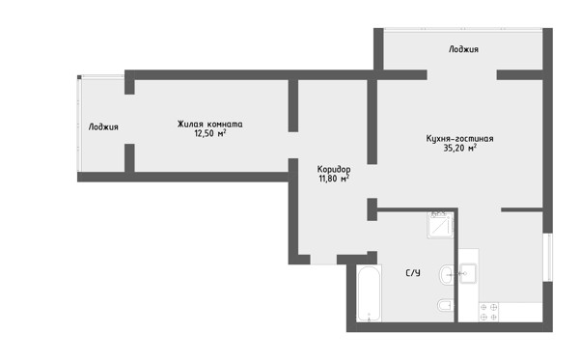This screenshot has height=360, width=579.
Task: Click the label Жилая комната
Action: [x=209, y=125]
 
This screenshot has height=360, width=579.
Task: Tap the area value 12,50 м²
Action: [x=210, y=133]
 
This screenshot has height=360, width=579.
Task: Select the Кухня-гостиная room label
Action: [x=459, y=139]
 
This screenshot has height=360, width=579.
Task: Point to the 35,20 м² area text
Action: [x=459, y=148]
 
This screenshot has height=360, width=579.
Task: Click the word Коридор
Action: [x=334, y=170]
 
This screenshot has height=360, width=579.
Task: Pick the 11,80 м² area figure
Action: [x=334, y=179]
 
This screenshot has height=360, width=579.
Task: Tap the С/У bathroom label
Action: [x=413, y=273]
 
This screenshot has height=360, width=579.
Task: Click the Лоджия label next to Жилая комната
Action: [x=103, y=127]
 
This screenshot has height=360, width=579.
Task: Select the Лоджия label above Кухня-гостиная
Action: [x=463, y=49]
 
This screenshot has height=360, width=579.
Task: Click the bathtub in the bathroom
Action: [x=369, y=293]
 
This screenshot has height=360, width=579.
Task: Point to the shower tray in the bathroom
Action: [x=441, y=225]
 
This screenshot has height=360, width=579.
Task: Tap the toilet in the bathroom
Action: [x=445, y=306]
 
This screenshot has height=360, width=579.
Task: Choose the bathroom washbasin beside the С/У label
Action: [x=447, y=275]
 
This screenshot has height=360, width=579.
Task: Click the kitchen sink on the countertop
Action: [x=468, y=273]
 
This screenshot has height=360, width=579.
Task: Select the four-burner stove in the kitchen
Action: [x=488, y=312]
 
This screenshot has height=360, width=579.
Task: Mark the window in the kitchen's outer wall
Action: [x=547, y=258]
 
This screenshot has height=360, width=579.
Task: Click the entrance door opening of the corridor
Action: [x=323, y=260]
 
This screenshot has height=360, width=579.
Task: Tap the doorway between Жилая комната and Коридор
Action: [x=293, y=145]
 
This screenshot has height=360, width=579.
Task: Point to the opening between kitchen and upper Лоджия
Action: [x=462, y=75]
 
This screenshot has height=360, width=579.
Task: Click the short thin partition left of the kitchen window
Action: [x=522, y=210]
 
